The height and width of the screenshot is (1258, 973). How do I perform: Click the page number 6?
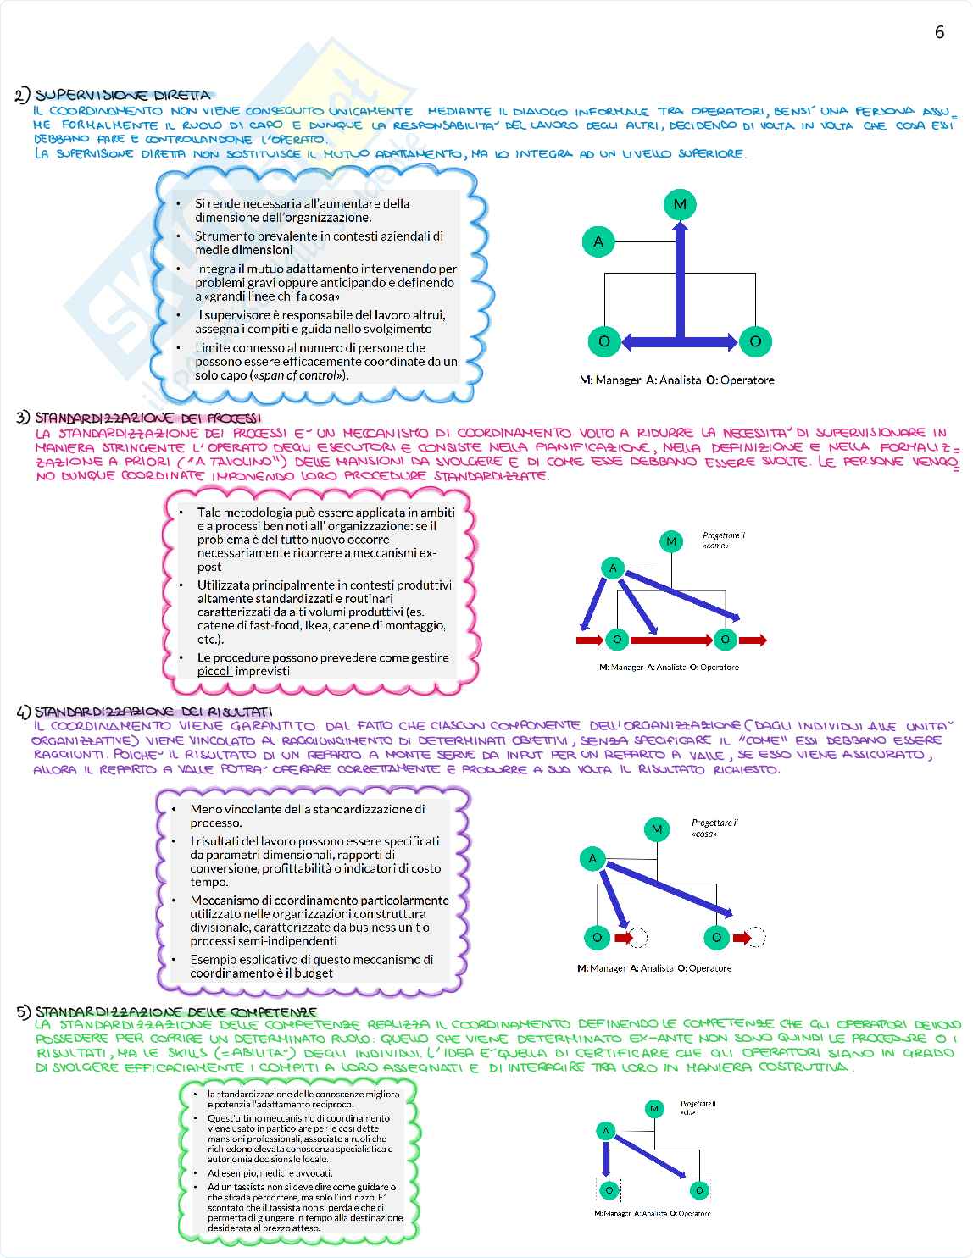coord(939,32)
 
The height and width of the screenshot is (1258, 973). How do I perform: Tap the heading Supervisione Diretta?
coord(122,95)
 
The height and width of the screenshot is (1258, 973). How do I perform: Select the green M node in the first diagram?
coord(680,204)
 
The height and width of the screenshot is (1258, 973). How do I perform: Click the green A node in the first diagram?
coord(598,241)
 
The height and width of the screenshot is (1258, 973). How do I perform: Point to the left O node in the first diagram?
coord(604,341)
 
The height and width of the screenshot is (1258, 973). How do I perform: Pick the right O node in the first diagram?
coord(755,341)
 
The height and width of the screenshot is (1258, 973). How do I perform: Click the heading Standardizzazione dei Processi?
coord(147,418)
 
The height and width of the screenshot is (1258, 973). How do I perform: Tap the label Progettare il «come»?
coord(723,540)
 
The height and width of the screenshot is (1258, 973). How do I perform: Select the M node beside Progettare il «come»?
coord(671,541)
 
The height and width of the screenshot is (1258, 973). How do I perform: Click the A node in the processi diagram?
coord(613,568)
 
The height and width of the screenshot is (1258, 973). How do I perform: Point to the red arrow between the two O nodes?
coord(670,640)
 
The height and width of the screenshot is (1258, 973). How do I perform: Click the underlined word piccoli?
coord(214,671)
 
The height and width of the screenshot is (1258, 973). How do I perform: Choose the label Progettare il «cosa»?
coord(714,828)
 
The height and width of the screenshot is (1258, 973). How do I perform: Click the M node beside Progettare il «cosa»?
coord(657,829)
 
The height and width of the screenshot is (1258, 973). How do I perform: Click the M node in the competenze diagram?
coord(654,1108)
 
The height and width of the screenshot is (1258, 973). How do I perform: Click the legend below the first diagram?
coord(676,380)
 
